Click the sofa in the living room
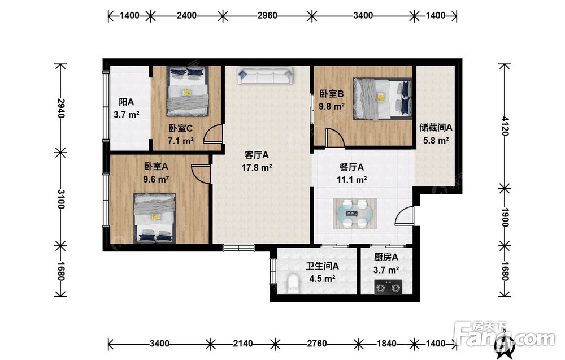coord(265,76)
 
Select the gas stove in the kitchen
coord(388,287)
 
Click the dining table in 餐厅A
coord(355,214)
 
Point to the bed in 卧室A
coord(155,218)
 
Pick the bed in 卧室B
coord(383,98)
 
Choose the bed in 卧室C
coord(188,92)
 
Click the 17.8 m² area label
coord(257,168)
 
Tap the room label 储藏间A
coord(436,128)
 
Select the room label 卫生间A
coord(322,266)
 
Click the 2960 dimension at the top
coord(267,15)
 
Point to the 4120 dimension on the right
coord(505,125)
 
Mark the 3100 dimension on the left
coord(60,199)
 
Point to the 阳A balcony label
coord(127,102)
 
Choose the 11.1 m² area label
coord(351,180)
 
